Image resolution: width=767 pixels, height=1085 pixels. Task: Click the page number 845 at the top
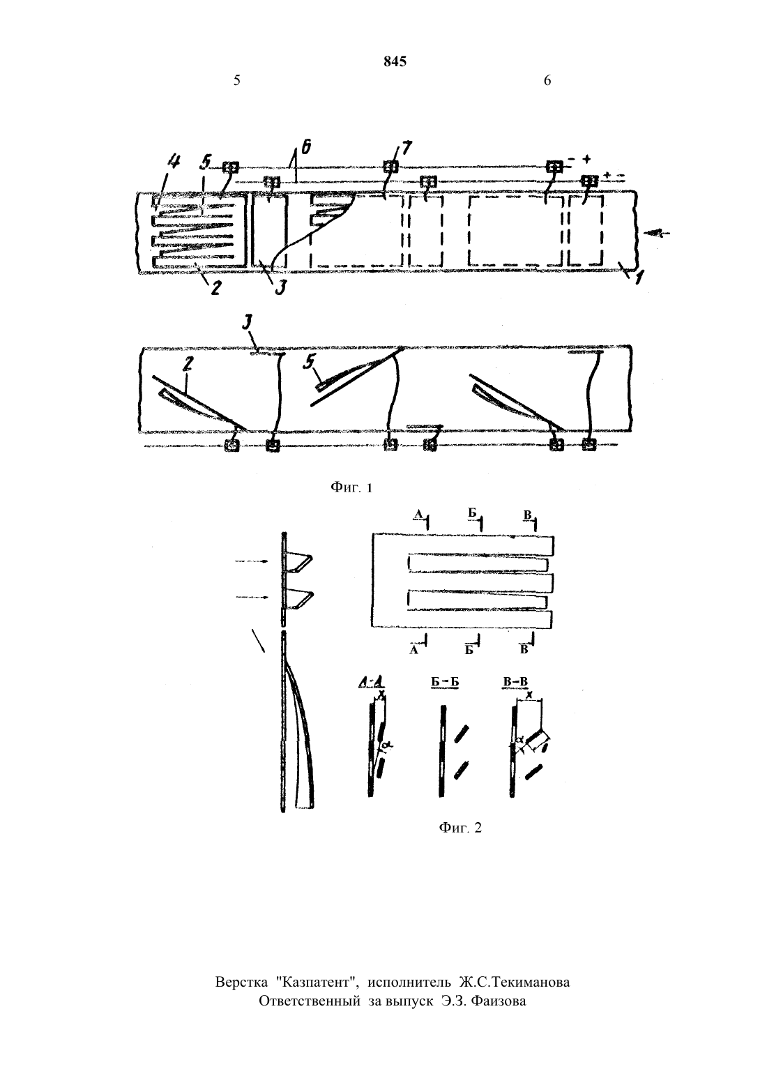(x=395, y=61)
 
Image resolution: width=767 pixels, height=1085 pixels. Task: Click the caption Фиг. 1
(x=351, y=487)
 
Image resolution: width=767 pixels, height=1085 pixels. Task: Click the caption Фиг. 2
(x=460, y=828)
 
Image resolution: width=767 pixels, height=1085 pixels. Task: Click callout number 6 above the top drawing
(x=306, y=146)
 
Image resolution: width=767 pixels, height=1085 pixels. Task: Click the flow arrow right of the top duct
(x=657, y=234)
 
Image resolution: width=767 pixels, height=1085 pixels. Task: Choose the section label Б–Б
(x=445, y=683)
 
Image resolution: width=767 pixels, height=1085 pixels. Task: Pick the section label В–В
(x=515, y=683)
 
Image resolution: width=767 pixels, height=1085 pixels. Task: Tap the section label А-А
(x=372, y=683)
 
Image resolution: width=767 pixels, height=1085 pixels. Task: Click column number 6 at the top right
(x=547, y=80)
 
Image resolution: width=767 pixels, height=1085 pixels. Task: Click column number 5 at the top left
(x=236, y=80)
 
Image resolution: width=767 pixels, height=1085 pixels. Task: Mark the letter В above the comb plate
(x=528, y=515)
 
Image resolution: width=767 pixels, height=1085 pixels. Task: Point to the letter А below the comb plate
(x=413, y=650)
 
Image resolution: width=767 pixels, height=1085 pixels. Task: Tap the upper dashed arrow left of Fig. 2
(x=251, y=561)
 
